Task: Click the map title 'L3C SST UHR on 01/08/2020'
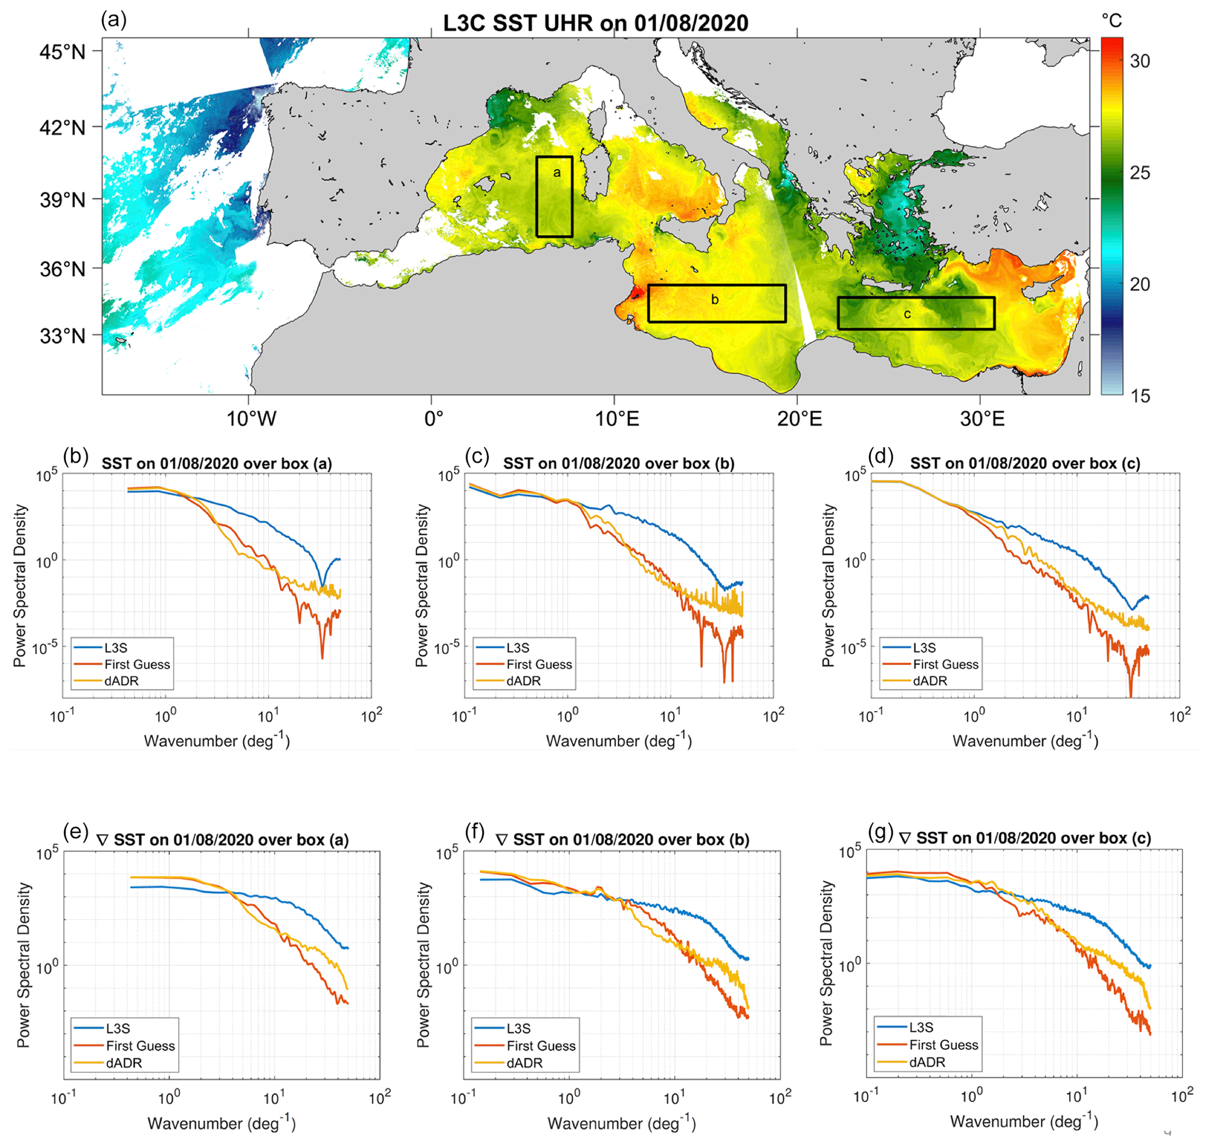595,23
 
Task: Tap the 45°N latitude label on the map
62,52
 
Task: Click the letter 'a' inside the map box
556,173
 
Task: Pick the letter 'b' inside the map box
714,299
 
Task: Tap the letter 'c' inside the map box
907,314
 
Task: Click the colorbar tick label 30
1139,61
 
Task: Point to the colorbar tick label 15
1139,396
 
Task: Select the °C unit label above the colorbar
1111,21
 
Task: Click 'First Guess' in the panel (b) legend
137,664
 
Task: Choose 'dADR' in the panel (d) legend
929,680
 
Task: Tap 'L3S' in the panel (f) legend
518,1029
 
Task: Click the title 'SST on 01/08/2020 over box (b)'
619,464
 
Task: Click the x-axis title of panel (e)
222,1123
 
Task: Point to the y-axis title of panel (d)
827,585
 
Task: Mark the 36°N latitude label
62,269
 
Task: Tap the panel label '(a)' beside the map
114,19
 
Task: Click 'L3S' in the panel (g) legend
921,1028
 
